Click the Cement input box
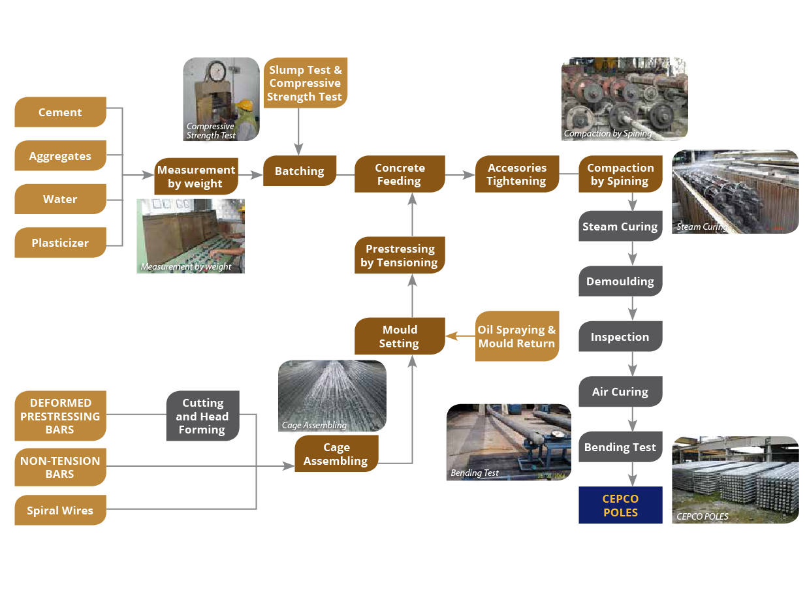(60, 112)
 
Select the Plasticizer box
(60, 243)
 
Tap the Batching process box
(300, 171)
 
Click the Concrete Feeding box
(400, 174)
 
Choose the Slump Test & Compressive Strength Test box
(305, 83)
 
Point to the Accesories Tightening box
(517, 174)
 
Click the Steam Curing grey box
(620, 227)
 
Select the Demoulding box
(620, 281)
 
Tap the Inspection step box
(620, 337)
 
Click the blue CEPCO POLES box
(620, 505)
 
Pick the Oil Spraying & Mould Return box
(517, 336)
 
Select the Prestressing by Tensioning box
(400, 255)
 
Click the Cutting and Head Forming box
(202, 416)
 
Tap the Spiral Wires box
(60, 511)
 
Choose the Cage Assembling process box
(336, 454)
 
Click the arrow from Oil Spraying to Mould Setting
(460, 336)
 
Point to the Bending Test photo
(509, 442)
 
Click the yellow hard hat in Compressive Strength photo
(244, 104)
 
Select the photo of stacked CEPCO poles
(735, 480)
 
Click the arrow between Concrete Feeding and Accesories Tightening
(460, 175)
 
